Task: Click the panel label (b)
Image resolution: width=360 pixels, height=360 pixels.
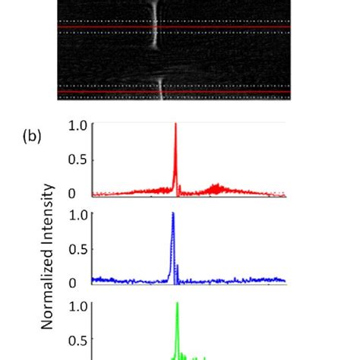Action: pyautogui.click(x=32, y=137)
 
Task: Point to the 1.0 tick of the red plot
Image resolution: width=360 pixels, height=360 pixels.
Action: pyautogui.click(x=78, y=125)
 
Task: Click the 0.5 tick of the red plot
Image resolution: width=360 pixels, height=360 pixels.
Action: pyautogui.click(x=78, y=160)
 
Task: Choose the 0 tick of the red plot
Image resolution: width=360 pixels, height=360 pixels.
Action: pyautogui.click(x=82, y=194)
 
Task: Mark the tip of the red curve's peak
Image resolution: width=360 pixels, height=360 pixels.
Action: pyautogui.click(x=175, y=124)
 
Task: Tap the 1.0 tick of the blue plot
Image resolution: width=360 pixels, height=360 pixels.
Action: pyautogui.click(x=78, y=214)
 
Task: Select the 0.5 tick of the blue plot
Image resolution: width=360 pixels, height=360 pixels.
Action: pyautogui.click(x=78, y=248)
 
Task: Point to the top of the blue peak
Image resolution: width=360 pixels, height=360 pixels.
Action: pyautogui.click(x=173, y=213)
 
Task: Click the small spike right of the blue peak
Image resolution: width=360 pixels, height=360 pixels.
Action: pyautogui.click(x=178, y=267)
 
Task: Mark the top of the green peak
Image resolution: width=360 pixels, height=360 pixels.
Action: pyautogui.click(x=177, y=304)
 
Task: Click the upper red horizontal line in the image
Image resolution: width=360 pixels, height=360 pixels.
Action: pyautogui.click(x=106, y=27)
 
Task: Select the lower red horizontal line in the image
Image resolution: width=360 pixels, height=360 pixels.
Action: pyautogui.click(x=106, y=92)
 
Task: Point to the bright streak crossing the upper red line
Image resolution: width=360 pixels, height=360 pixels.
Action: pyautogui.click(x=155, y=27)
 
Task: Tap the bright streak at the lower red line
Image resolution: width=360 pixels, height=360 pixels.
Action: pyautogui.click(x=160, y=92)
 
